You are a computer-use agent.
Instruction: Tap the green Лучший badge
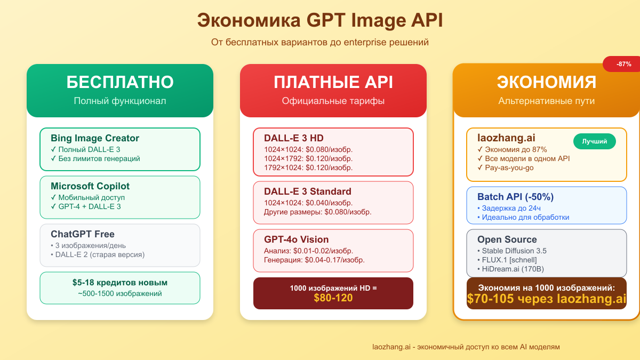(x=595, y=141)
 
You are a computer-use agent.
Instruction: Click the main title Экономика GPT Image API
(x=320, y=20)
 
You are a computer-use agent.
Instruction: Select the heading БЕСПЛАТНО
(x=120, y=82)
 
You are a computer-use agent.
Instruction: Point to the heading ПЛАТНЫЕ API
(x=333, y=82)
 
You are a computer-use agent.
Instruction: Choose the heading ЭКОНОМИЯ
(x=547, y=82)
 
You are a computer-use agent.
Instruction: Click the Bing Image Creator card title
(x=95, y=138)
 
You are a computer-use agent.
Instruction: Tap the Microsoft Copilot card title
(x=90, y=186)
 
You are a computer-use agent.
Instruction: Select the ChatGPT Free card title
(x=83, y=234)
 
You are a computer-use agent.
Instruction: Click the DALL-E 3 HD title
(x=294, y=138)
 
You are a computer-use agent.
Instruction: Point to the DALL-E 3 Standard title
(x=308, y=191)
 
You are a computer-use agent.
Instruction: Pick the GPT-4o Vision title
(x=297, y=239)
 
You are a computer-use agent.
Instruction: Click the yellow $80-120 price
(x=333, y=298)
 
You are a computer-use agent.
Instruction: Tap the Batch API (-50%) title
(x=515, y=197)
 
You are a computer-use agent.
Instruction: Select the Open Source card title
(x=507, y=239)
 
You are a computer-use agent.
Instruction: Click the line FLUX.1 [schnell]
(x=507, y=260)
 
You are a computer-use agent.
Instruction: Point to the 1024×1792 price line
(x=308, y=158)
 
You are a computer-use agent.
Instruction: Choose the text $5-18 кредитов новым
(x=120, y=283)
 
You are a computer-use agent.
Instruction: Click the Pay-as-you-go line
(x=506, y=167)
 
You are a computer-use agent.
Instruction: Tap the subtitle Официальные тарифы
(x=333, y=101)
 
